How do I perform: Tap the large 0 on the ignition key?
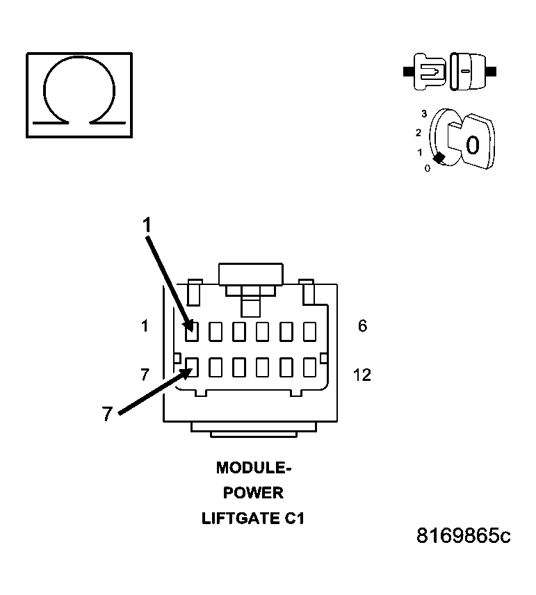(472, 145)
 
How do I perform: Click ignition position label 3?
(423, 113)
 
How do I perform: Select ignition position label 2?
(419, 132)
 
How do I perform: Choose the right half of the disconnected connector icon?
(467, 72)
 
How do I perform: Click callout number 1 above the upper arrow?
(147, 224)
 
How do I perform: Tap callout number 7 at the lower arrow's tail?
(106, 414)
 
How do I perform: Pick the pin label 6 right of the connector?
(362, 325)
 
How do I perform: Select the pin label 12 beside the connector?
(362, 375)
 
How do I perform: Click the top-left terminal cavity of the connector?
(192, 332)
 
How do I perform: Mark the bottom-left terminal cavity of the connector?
(192, 366)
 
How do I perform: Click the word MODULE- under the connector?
(254, 468)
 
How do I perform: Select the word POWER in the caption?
(253, 493)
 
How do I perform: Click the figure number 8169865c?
(463, 536)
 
